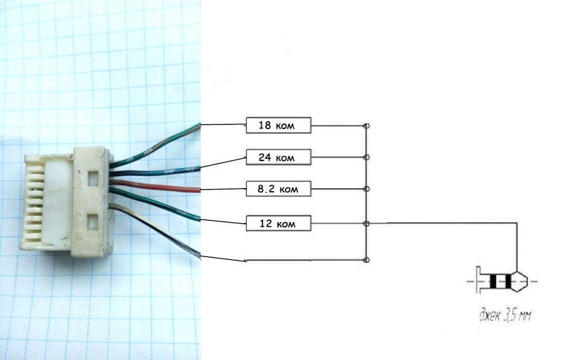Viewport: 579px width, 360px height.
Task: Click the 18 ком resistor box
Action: [278, 125]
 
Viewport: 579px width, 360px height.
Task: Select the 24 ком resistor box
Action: [278, 157]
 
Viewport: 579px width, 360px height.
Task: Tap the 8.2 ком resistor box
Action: [278, 189]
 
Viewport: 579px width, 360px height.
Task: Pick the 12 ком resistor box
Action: [278, 224]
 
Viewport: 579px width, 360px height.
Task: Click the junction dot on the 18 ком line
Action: [366, 126]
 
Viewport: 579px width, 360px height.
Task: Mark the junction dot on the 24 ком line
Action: [366, 157]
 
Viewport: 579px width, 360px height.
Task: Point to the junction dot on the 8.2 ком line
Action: [366, 189]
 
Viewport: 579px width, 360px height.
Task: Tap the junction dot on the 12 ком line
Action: [366, 224]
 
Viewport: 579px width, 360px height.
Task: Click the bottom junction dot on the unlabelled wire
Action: [366, 260]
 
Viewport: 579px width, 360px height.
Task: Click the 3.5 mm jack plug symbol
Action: [501, 281]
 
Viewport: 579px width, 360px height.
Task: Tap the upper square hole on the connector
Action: [92, 178]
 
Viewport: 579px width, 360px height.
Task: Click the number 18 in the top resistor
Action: [264, 125]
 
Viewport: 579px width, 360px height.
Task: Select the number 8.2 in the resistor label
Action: [265, 189]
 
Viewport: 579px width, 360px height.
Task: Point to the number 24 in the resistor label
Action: [264, 157]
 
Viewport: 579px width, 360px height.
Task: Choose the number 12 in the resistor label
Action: [264, 224]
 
